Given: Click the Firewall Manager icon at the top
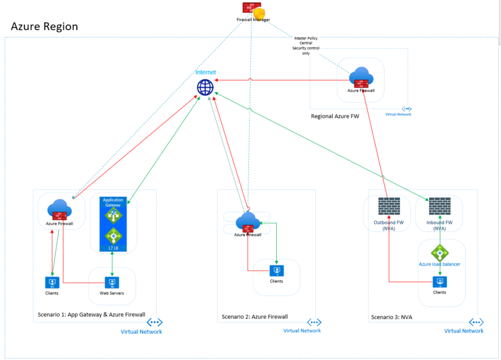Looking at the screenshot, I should tap(253, 9).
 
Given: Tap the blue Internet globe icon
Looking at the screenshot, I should tap(205, 87).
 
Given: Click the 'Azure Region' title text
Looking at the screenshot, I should tap(45, 26).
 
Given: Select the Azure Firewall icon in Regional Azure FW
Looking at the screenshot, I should tap(360, 78).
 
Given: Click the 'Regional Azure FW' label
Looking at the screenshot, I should tap(335, 116).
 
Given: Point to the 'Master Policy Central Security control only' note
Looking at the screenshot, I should tap(306, 46).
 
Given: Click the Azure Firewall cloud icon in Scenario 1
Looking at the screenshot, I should tap(59, 209).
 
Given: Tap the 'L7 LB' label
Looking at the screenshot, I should tap(113, 248).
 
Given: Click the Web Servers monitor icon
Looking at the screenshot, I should tap(112, 282).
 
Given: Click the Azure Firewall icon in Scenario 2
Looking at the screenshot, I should tap(247, 221).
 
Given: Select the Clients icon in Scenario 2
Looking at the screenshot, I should tap(276, 270).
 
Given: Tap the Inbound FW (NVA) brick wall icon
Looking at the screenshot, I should tap(439, 207).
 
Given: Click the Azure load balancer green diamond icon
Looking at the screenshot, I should tap(439, 253).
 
